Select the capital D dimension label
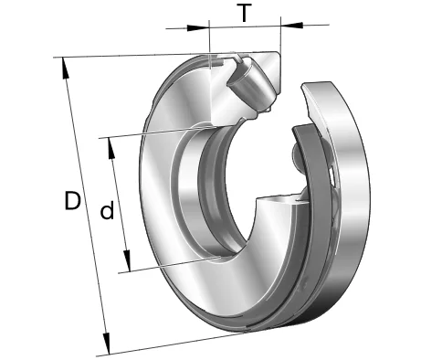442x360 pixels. [x=72, y=200]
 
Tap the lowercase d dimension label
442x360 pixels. [x=107, y=210]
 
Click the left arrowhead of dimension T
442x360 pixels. [x=198, y=28]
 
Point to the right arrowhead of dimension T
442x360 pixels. [x=292, y=25]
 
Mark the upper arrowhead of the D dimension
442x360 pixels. [x=66, y=69]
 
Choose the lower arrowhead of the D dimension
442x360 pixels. [x=106, y=344]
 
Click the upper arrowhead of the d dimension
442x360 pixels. [x=111, y=148]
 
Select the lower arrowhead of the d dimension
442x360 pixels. [x=127, y=261]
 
